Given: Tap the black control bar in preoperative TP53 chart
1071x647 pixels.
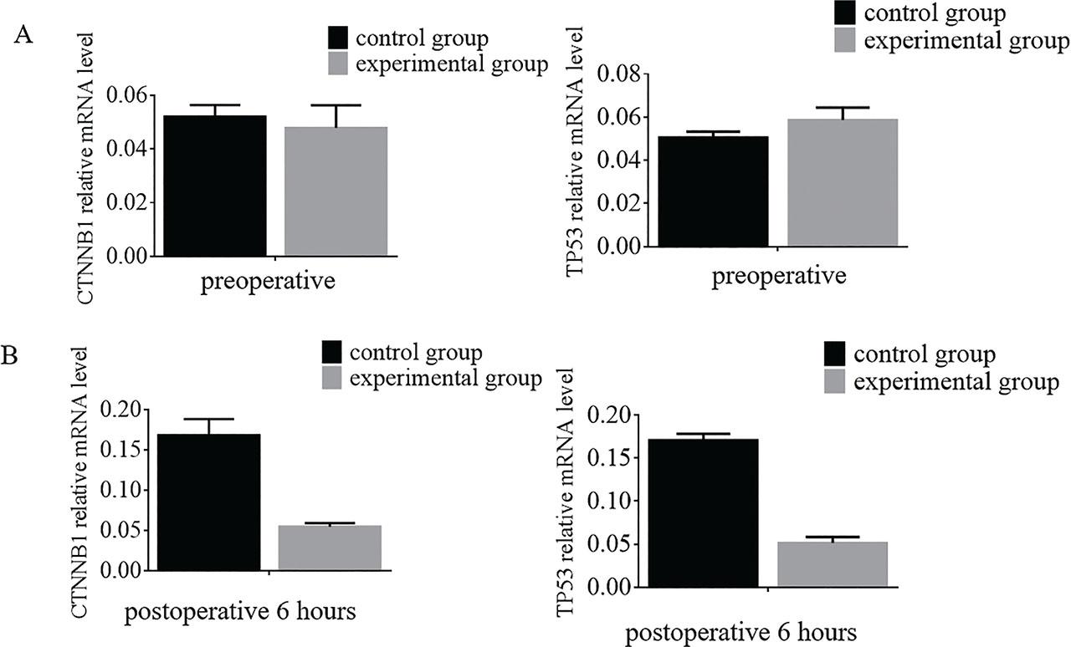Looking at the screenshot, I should point(715,191).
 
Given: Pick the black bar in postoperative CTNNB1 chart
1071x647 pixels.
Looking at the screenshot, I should point(208,502).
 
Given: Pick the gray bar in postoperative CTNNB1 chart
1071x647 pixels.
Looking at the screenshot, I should point(329,548).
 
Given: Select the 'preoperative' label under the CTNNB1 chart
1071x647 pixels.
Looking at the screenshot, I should point(268,281).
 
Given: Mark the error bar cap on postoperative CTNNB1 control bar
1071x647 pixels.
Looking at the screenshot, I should point(209,419).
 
